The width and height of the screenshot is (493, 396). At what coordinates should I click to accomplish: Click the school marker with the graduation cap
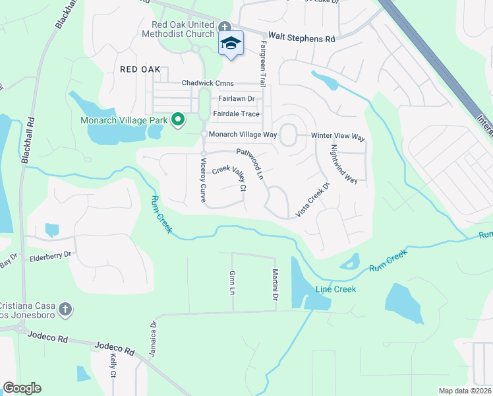[231, 44]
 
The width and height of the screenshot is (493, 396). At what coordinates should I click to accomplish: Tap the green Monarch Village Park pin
[177, 119]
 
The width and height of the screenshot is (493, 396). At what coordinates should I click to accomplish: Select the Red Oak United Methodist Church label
[179, 29]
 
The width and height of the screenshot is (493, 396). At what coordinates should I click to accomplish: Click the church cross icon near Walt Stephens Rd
[225, 27]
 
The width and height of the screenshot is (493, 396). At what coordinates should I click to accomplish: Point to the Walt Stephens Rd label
[301, 38]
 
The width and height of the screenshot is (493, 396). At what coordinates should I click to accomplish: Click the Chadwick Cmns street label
[209, 84]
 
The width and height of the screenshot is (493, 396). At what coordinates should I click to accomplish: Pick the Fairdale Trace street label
[236, 114]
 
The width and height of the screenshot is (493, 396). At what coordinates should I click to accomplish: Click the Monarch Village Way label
[242, 135]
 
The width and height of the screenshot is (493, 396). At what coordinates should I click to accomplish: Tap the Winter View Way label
[337, 136]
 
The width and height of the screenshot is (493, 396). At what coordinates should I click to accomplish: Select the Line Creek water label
[335, 289]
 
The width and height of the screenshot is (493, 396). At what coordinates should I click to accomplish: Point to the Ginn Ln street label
[232, 282]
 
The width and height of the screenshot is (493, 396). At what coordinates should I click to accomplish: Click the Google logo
[22, 388]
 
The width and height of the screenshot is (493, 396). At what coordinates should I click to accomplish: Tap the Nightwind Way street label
[344, 164]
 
